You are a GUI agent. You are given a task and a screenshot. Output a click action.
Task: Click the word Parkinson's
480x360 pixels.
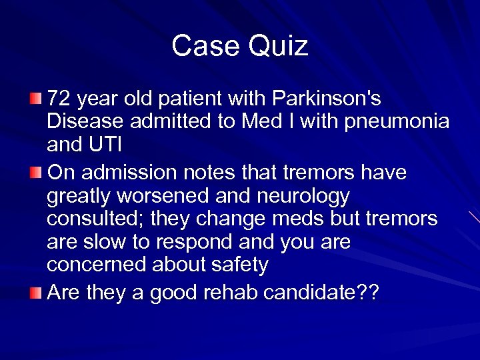pos(327,99)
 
